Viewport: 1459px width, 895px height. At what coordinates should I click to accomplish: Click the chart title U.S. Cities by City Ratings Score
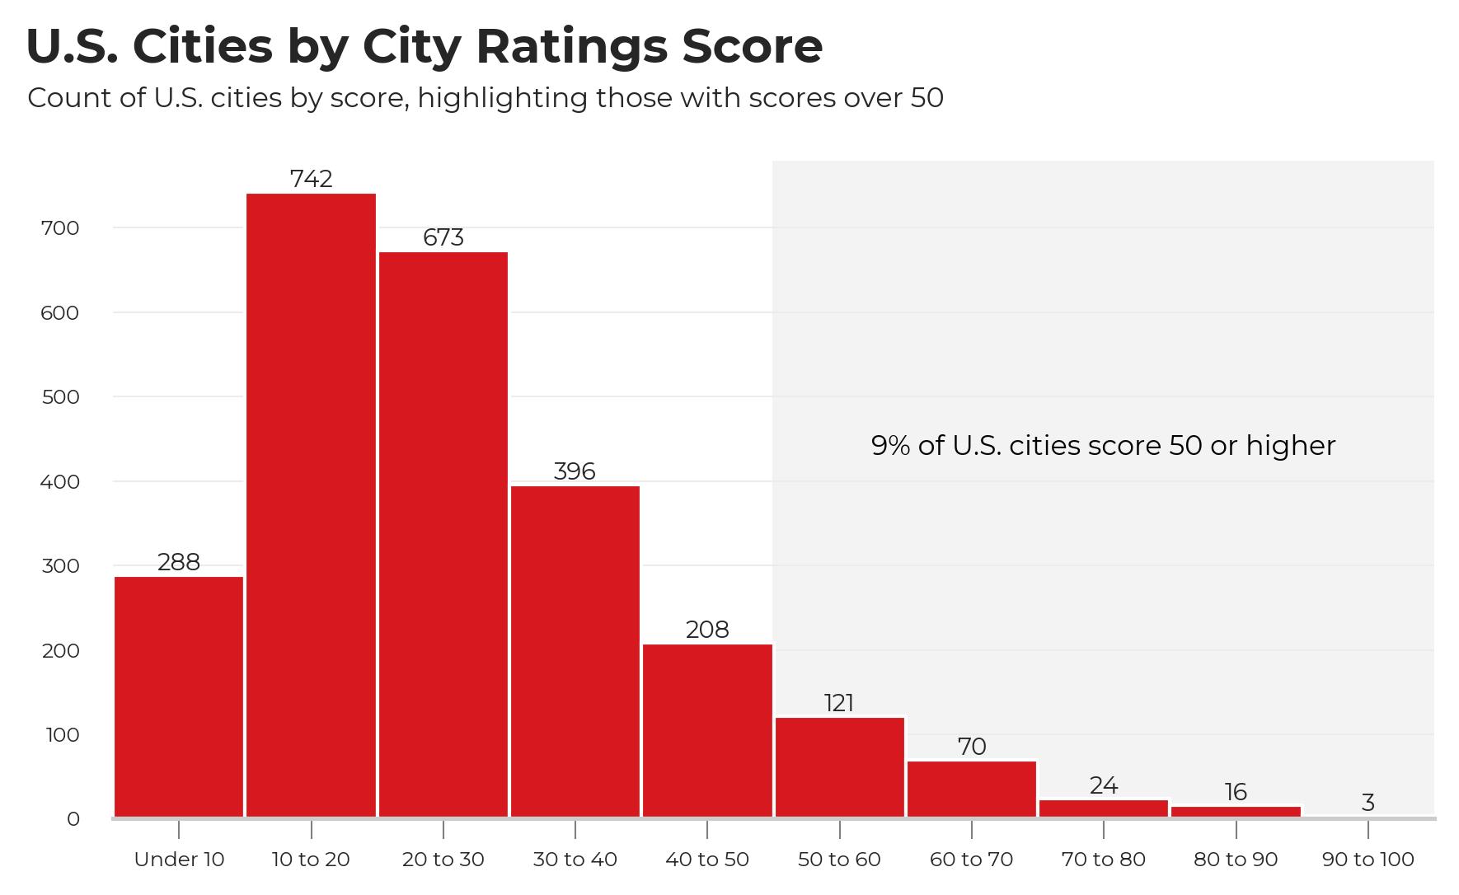tap(424, 46)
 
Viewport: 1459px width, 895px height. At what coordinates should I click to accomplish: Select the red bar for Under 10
tap(179, 696)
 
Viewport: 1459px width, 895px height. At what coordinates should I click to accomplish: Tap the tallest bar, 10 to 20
tap(311, 504)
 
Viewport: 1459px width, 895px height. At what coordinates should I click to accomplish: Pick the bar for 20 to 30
tap(443, 534)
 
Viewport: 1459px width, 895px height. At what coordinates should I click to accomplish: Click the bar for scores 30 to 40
tap(575, 651)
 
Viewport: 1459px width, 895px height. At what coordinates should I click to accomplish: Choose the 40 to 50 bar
tap(707, 730)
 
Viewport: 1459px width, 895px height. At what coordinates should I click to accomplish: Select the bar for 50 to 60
tap(839, 767)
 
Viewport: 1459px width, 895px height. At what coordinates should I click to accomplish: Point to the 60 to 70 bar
tap(972, 789)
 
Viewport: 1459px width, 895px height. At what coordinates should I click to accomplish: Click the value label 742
tap(311, 179)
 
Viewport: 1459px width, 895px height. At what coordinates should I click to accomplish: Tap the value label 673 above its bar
tap(443, 237)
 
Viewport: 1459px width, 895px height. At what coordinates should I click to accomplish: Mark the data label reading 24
tap(1104, 785)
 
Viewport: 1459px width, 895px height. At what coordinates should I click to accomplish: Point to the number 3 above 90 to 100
tap(1368, 802)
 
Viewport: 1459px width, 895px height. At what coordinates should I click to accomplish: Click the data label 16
tap(1236, 792)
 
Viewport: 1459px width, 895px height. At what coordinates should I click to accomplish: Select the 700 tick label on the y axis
tap(59, 228)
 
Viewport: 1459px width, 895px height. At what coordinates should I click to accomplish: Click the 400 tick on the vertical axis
tap(59, 481)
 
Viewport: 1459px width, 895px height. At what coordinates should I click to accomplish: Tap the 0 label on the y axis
tap(73, 819)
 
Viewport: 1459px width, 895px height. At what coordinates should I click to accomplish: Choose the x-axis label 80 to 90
tap(1236, 860)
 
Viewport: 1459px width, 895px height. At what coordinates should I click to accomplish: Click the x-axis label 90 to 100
tap(1368, 860)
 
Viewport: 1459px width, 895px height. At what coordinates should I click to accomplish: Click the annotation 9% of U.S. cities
tap(1103, 446)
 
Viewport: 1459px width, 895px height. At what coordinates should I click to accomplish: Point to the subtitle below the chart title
tap(485, 98)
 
